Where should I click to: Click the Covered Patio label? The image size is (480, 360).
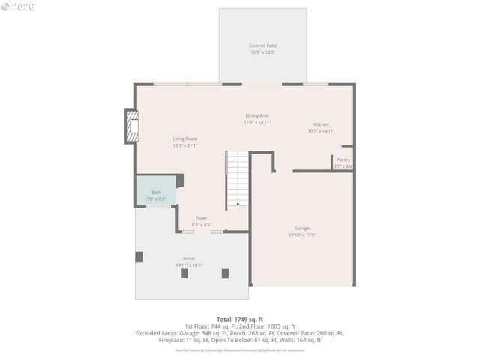262,46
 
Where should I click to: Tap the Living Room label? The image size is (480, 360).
184,139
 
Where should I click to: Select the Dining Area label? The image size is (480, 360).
257,115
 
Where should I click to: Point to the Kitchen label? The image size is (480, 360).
321,124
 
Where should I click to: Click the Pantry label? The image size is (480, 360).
343,160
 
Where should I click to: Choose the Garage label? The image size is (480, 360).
302,228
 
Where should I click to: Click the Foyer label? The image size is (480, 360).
202,218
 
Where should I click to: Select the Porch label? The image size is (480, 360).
189,259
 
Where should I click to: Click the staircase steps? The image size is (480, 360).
238,176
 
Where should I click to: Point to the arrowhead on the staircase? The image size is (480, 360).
238,203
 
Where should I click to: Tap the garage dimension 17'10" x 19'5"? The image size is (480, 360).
302,235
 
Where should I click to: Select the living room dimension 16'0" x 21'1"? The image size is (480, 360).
184,145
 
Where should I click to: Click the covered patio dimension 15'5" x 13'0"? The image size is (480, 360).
262,52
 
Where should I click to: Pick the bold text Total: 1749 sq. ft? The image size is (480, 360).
240,319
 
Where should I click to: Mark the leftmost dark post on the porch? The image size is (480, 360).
139,256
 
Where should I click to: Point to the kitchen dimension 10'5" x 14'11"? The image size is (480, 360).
321,131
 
